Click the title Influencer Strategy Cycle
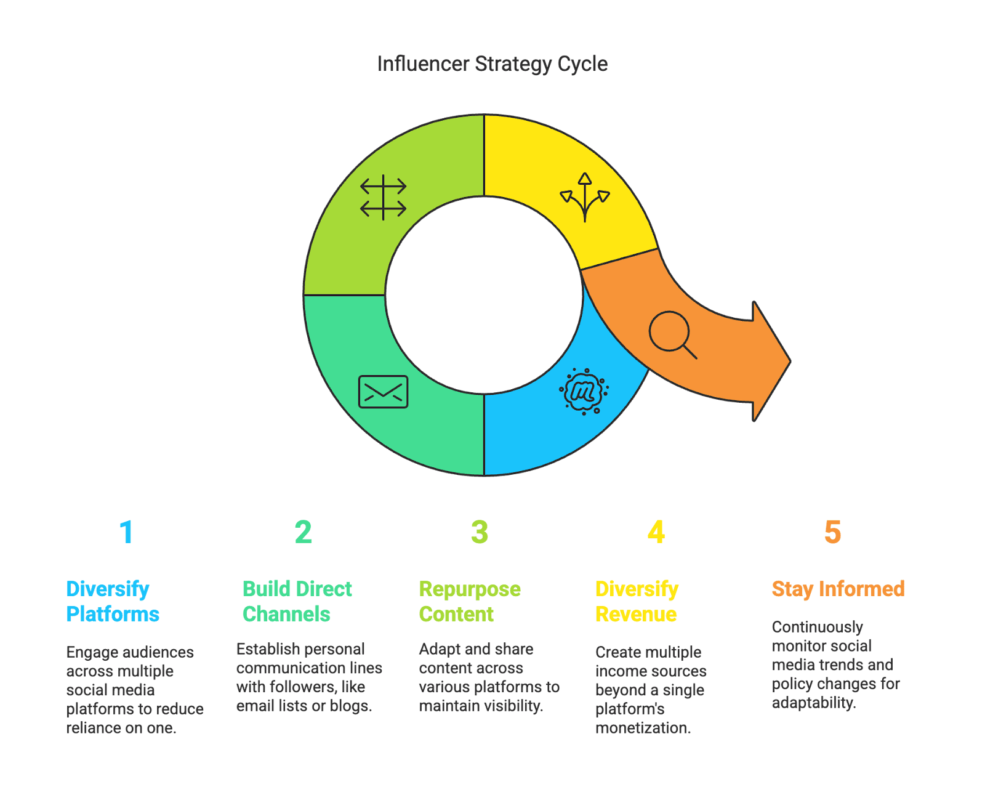[492, 64]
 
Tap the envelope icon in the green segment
[383, 392]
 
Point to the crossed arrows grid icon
[383, 197]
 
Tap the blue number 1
[126, 532]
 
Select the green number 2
[303, 532]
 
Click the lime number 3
[480, 532]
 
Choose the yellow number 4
[656, 532]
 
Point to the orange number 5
[832, 532]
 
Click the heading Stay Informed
[838, 589]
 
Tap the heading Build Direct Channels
[297, 601]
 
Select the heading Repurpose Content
[469, 601]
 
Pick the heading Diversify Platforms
[112, 601]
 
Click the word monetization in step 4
[642, 728]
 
